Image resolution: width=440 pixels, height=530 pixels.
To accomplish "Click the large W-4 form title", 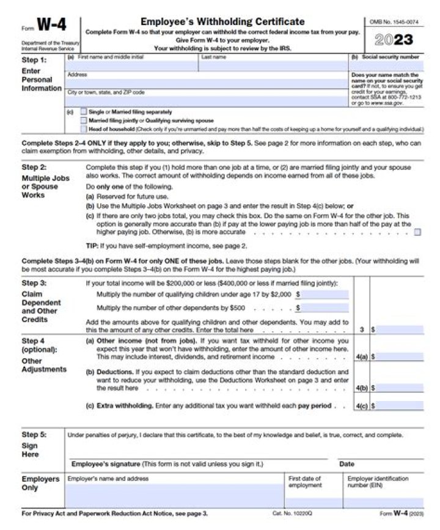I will pyautogui.click(x=53, y=25).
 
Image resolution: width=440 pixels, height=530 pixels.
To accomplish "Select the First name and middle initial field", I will pyautogui.click(x=131, y=65).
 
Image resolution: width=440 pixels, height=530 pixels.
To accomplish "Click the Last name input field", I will pyautogui.click(x=273, y=65).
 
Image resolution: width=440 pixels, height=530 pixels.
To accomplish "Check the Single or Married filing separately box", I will pyautogui.click(x=84, y=112).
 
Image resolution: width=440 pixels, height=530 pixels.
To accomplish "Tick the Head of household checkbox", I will pyautogui.click(x=84, y=129).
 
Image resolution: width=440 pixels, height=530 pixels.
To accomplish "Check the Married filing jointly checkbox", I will pyautogui.click(x=84, y=120).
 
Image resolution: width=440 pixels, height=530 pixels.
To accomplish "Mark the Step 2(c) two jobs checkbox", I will pyautogui.click(x=417, y=232).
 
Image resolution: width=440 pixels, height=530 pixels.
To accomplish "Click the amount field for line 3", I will pyautogui.click(x=399, y=329).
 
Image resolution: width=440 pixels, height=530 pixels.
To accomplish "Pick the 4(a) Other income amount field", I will pyautogui.click(x=399, y=357).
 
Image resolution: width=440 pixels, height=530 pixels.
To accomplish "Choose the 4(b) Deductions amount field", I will pyautogui.click(x=399, y=388).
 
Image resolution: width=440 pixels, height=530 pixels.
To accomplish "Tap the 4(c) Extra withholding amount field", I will pyautogui.click(x=399, y=405).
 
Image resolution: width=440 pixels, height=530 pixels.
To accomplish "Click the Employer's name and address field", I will pyautogui.click(x=174, y=495).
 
